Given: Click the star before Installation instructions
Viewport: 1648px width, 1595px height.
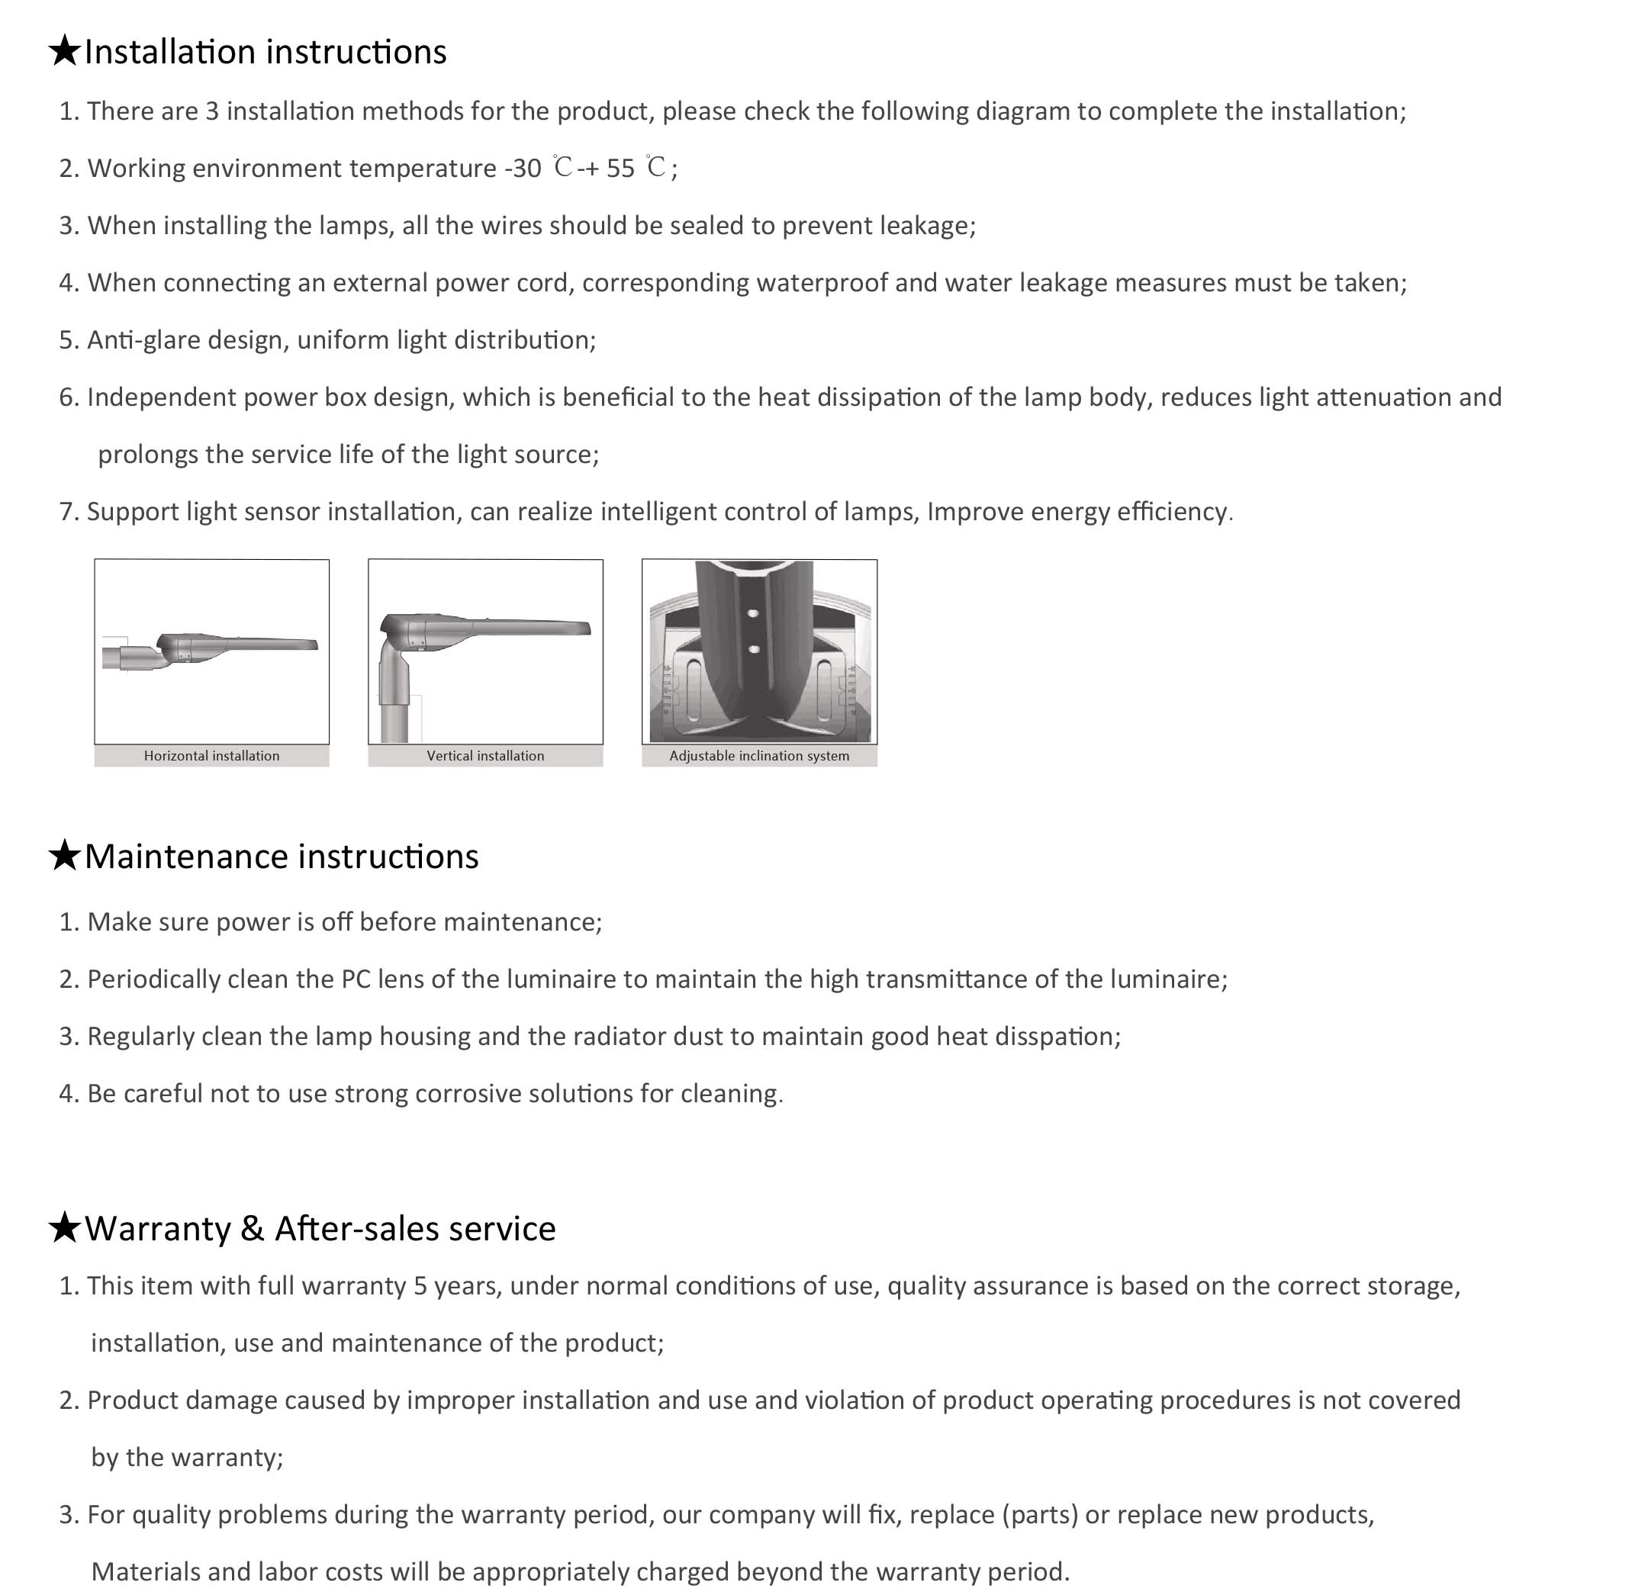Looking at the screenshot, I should tap(64, 51).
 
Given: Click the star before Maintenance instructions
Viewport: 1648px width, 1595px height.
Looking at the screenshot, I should tap(64, 856).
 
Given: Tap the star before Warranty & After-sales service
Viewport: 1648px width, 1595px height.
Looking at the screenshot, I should tap(64, 1228).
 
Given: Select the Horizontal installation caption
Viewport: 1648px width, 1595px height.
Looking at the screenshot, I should tap(211, 756).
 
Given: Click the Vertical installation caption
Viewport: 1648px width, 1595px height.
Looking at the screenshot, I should tap(485, 756).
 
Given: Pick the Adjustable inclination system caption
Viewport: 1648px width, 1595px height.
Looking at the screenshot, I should tap(758, 756).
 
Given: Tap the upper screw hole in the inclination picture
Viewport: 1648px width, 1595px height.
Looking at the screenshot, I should tap(753, 614).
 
